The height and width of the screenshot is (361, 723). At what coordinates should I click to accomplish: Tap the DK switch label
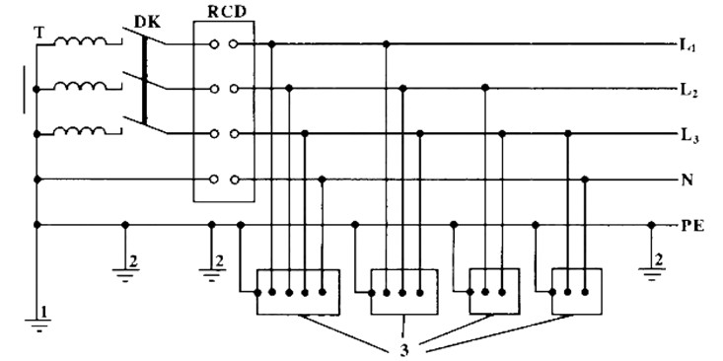click(x=147, y=22)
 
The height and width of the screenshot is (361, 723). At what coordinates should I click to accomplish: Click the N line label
click(x=687, y=180)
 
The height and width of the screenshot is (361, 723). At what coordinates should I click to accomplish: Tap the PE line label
click(x=692, y=227)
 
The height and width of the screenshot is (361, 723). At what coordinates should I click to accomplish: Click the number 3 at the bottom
click(x=404, y=349)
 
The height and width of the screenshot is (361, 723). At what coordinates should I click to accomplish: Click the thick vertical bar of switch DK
click(x=145, y=80)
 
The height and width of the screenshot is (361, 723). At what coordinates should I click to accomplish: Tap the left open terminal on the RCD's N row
click(x=213, y=180)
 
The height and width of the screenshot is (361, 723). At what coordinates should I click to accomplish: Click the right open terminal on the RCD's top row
click(x=234, y=44)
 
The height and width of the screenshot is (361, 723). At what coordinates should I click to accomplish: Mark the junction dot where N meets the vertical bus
click(x=37, y=180)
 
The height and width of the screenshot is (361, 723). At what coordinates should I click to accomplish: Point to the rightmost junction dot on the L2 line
click(x=484, y=88)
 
